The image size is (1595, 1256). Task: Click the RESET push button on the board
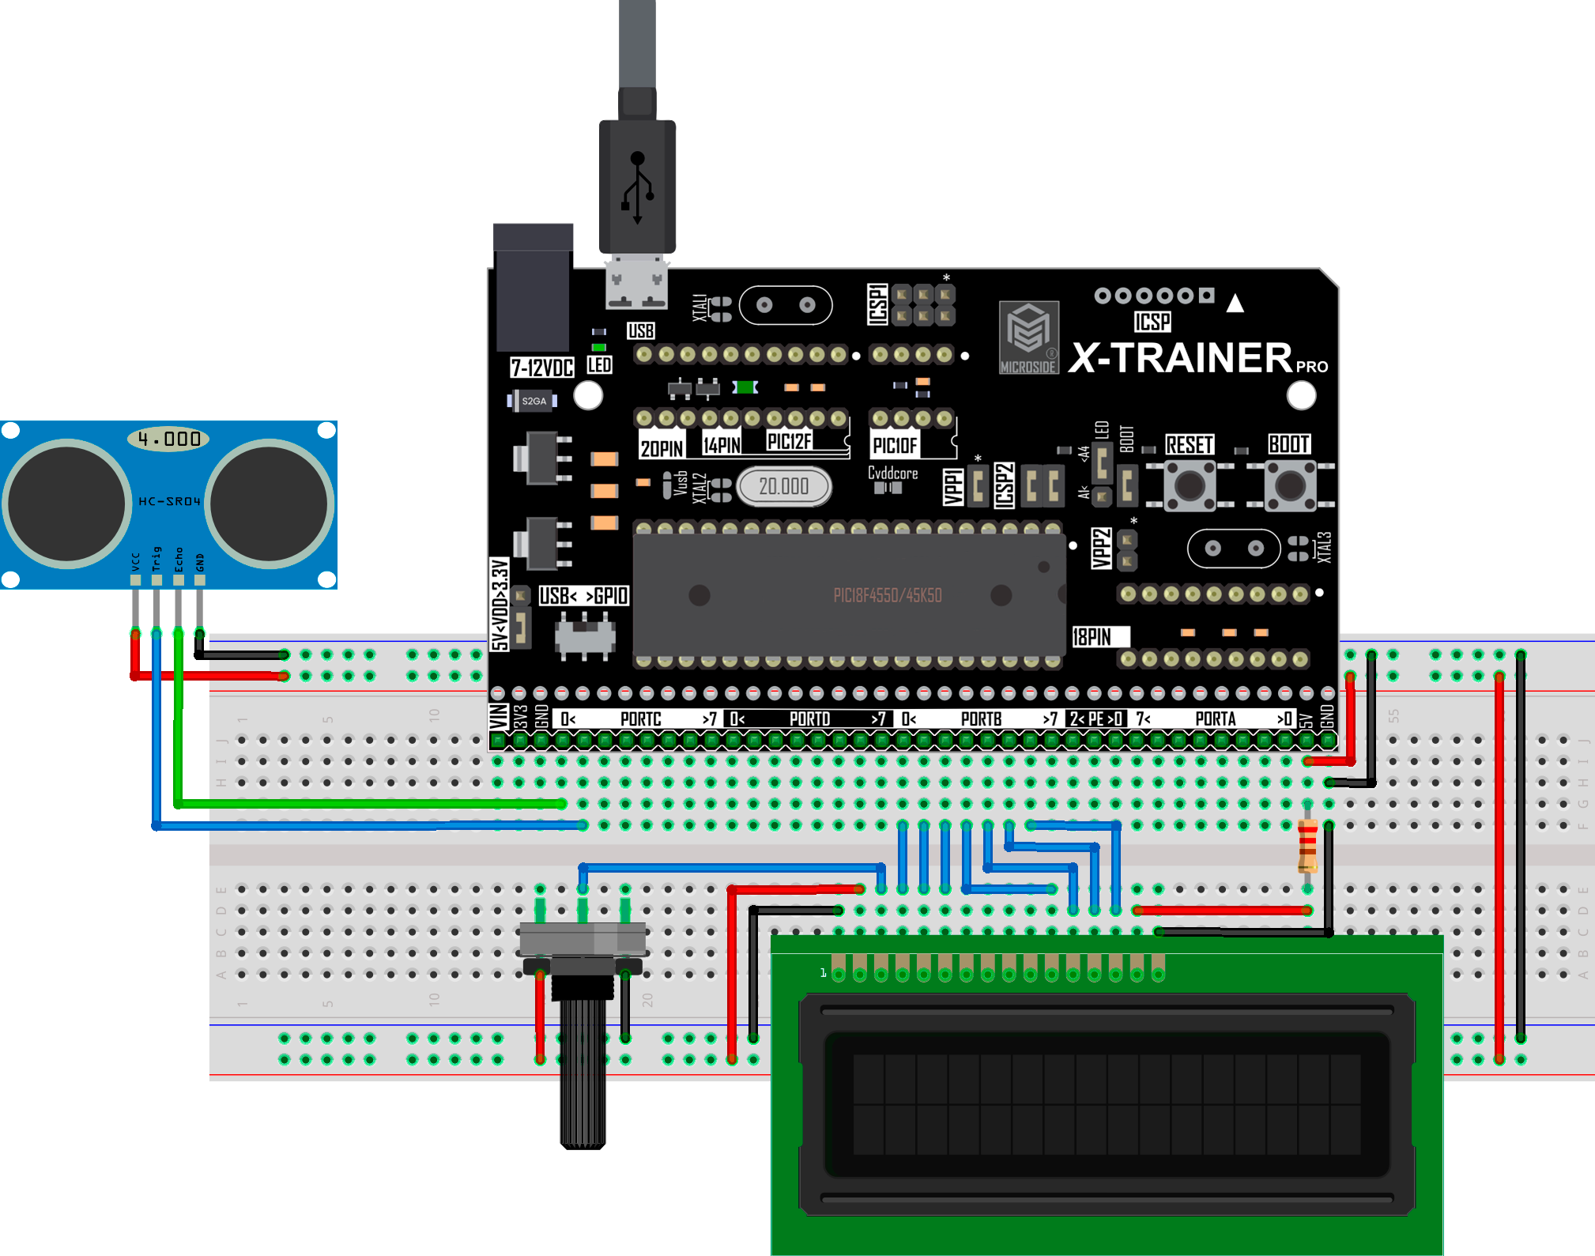click(1189, 485)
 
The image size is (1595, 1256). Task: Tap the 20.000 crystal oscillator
click(783, 486)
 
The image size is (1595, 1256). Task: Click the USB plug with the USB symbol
click(637, 186)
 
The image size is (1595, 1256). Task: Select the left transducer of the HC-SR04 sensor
click(66, 504)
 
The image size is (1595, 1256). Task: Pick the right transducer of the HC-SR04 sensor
click(270, 504)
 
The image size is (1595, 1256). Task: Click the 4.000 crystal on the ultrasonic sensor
click(168, 439)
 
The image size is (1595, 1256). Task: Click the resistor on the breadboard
click(1307, 846)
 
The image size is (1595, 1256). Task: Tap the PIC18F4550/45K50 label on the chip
click(887, 595)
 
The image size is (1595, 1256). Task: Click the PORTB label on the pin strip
click(981, 719)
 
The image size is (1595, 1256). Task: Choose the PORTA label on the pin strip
click(1215, 719)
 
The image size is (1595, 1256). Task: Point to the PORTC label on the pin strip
click(640, 719)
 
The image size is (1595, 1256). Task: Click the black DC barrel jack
click(533, 289)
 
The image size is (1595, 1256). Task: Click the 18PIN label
click(1092, 637)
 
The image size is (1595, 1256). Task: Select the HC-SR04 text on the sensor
click(169, 501)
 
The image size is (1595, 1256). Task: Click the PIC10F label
click(894, 446)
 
